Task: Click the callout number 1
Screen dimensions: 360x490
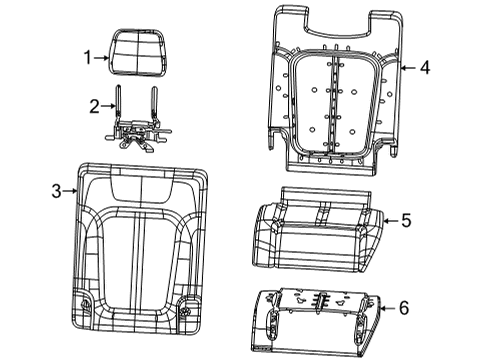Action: [88, 57]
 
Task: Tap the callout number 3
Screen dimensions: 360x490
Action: [57, 189]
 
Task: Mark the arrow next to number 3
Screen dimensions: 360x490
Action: [71, 189]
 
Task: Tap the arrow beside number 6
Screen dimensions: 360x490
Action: [387, 310]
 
